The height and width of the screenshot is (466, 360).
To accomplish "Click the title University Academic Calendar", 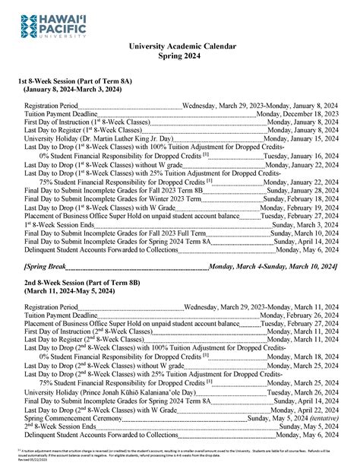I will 180,46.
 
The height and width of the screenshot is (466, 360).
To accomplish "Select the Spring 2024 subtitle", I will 180,56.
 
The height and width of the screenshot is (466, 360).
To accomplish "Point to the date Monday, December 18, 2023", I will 297,113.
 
